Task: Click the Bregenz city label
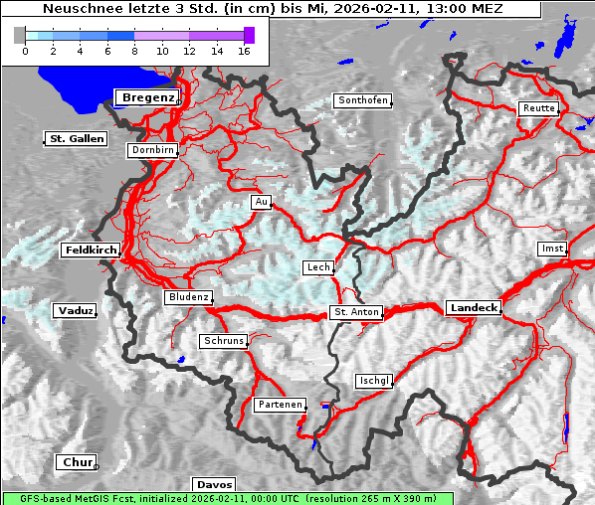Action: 147,97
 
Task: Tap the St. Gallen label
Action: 77,138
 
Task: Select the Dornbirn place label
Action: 152,150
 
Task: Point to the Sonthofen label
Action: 361,100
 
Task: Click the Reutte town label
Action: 537,108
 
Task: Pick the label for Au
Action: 261,202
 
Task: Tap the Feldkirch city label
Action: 91,251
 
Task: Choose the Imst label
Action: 550,248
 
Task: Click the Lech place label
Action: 318,267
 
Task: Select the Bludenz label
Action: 188,297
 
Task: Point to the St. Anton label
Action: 355,312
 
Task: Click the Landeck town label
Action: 474,308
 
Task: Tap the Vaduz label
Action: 75,311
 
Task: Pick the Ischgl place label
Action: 374,381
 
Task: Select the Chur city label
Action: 77,462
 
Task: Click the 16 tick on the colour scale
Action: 243,50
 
